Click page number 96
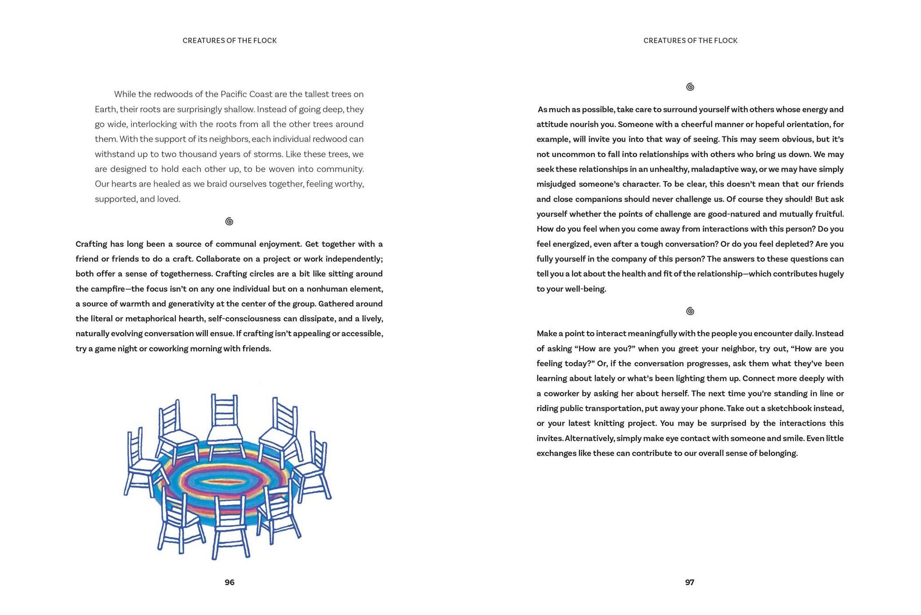[229, 582]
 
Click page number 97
[689, 582]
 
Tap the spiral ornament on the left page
[229, 222]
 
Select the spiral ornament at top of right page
[690, 87]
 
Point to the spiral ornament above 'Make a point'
[690, 311]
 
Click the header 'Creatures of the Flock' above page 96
[229, 41]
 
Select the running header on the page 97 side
[690, 41]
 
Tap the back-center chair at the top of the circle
[225, 424]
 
